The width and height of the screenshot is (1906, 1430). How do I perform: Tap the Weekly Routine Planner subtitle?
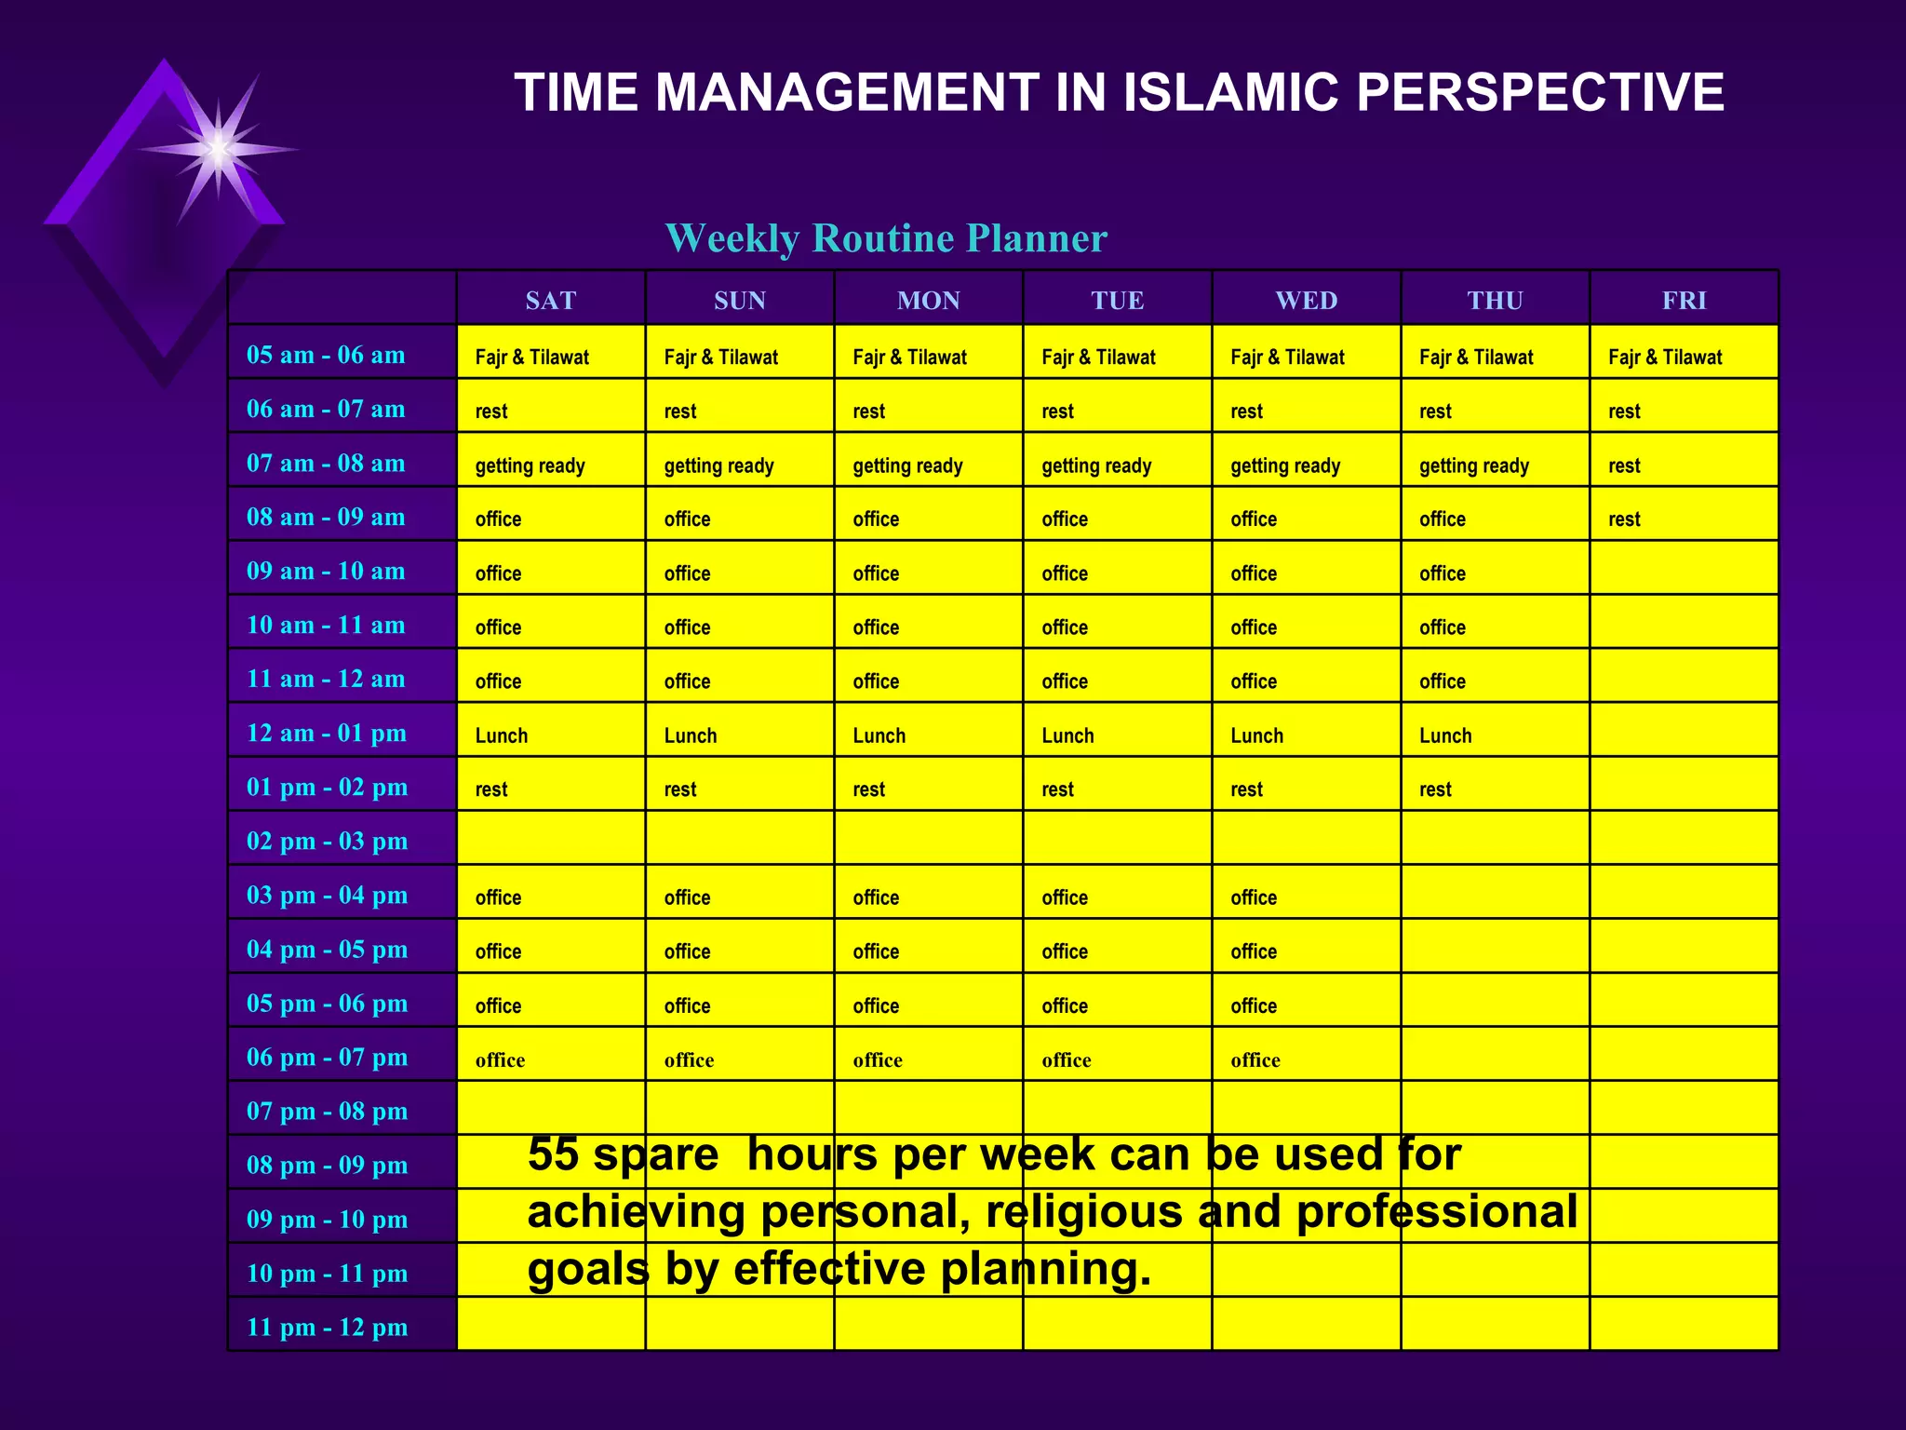click(x=886, y=238)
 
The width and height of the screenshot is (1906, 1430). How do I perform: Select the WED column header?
click(x=1306, y=300)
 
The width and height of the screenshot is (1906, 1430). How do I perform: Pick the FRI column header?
click(x=1684, y=300)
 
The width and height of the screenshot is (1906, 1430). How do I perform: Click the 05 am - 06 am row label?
click(x=326, y=355)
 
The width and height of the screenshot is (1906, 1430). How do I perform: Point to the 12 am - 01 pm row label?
click(x=326, y=733)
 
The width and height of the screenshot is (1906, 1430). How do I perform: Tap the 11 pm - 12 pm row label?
click(x=327, y=1327)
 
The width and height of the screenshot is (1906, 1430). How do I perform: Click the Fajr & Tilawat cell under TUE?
click(x=1098, y=357)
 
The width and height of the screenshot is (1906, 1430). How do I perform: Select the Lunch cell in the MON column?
click(x=879, y=735)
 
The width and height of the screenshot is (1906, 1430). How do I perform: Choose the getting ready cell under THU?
click(x=1473, y=465)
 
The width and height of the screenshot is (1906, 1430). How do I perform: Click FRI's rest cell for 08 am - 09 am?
click(x=1624, y=519)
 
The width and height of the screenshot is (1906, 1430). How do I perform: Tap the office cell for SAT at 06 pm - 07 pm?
click(x=500, y=1059)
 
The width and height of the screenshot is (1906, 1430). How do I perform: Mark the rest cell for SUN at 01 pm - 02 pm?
click(x=680, y=789)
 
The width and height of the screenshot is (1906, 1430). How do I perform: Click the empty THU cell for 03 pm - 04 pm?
click(x=1495, y=892)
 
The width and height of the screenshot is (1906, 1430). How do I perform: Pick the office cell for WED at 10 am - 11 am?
click(x=1254, y=627)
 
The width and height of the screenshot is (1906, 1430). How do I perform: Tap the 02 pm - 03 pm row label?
click(x=327, y=841)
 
